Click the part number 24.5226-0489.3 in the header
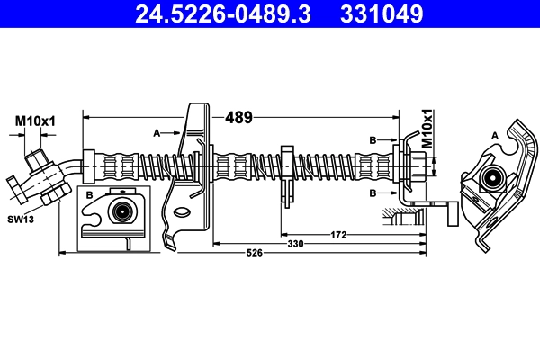[x=223, y=14]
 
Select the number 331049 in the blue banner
[x=382, y=14]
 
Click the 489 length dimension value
[x=238, y=118]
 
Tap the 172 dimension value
[x=338, y=235]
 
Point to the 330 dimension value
[x=295, y=244]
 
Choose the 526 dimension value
[x=255, y=253]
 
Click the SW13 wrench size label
[x=21, y=220]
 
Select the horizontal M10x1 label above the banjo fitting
[x=35, y=121]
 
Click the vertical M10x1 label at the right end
[x=427, y=129]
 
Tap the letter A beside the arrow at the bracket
[x=157, y=133]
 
